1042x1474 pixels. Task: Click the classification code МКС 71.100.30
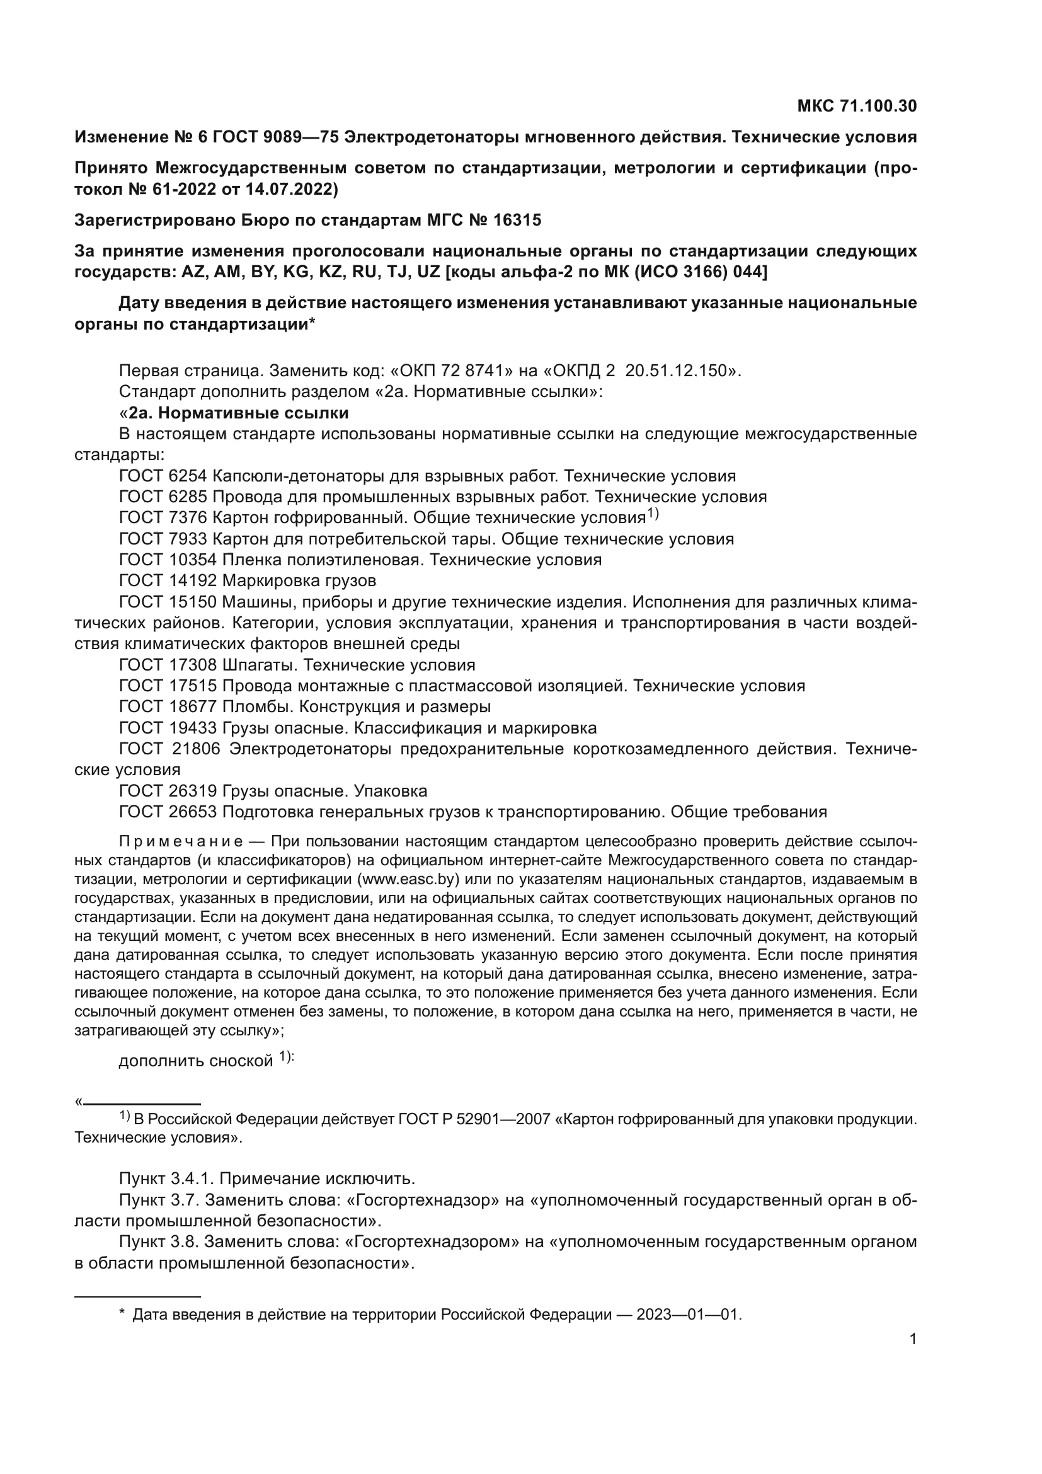857,106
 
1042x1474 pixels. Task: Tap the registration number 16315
517,220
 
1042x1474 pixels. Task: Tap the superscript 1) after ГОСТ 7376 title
653,514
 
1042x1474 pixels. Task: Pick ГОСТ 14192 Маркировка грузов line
248,581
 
